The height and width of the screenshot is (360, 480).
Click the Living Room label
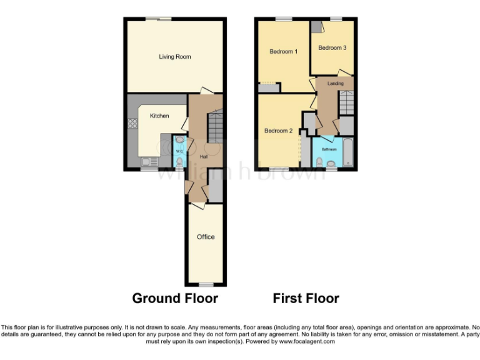pos(174,57)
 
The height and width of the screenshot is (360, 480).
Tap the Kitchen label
pos(159,116)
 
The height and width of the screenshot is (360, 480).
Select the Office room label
pos(206,237)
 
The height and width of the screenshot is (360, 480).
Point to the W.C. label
pos(179,151)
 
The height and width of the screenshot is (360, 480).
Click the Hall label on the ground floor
pos(203,156)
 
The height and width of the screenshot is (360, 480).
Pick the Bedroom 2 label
pos(278,131)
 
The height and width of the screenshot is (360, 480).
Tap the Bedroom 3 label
pos(332,47)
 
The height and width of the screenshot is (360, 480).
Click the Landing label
pos(336,83)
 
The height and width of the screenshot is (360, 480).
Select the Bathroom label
pos(329,149)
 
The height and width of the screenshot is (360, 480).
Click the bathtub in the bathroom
pos(347,154)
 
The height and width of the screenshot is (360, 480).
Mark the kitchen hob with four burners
pos(133,124)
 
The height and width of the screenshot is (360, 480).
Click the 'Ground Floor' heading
pos(175,298)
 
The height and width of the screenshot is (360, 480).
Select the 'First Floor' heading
pos(306,298)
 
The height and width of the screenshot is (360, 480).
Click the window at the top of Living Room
pos(165,19)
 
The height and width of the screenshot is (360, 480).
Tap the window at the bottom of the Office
pos(206,284)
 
